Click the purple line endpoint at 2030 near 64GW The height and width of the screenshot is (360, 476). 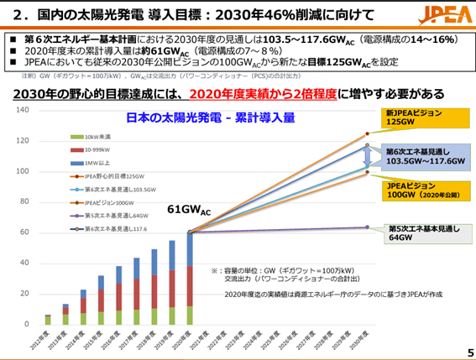tap(367, 227)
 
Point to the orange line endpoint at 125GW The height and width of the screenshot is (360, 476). tap(367, 133)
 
